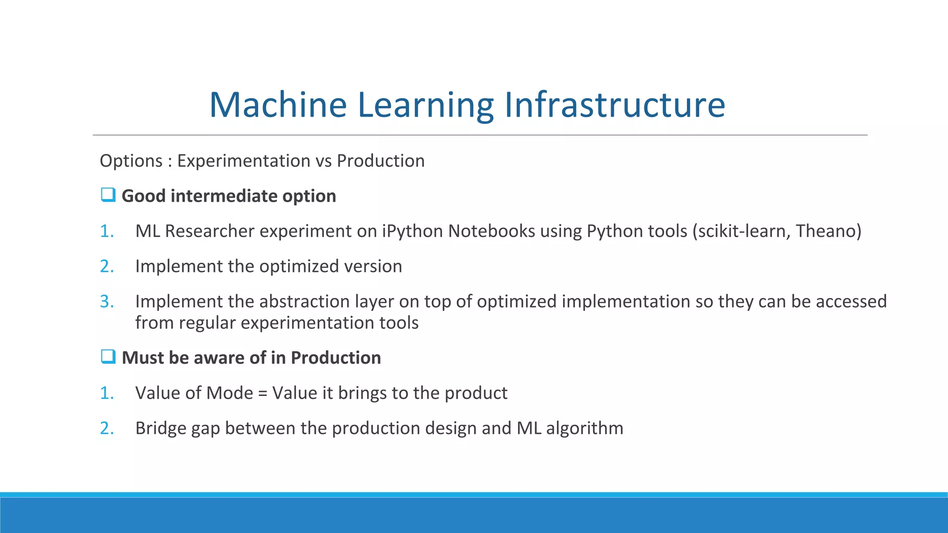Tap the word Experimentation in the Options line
243,161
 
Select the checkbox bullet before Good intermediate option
108,195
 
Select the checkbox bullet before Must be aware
108,357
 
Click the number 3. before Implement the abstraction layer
106,302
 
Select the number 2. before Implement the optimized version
106,266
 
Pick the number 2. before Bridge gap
106,428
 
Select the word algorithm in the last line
584,428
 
